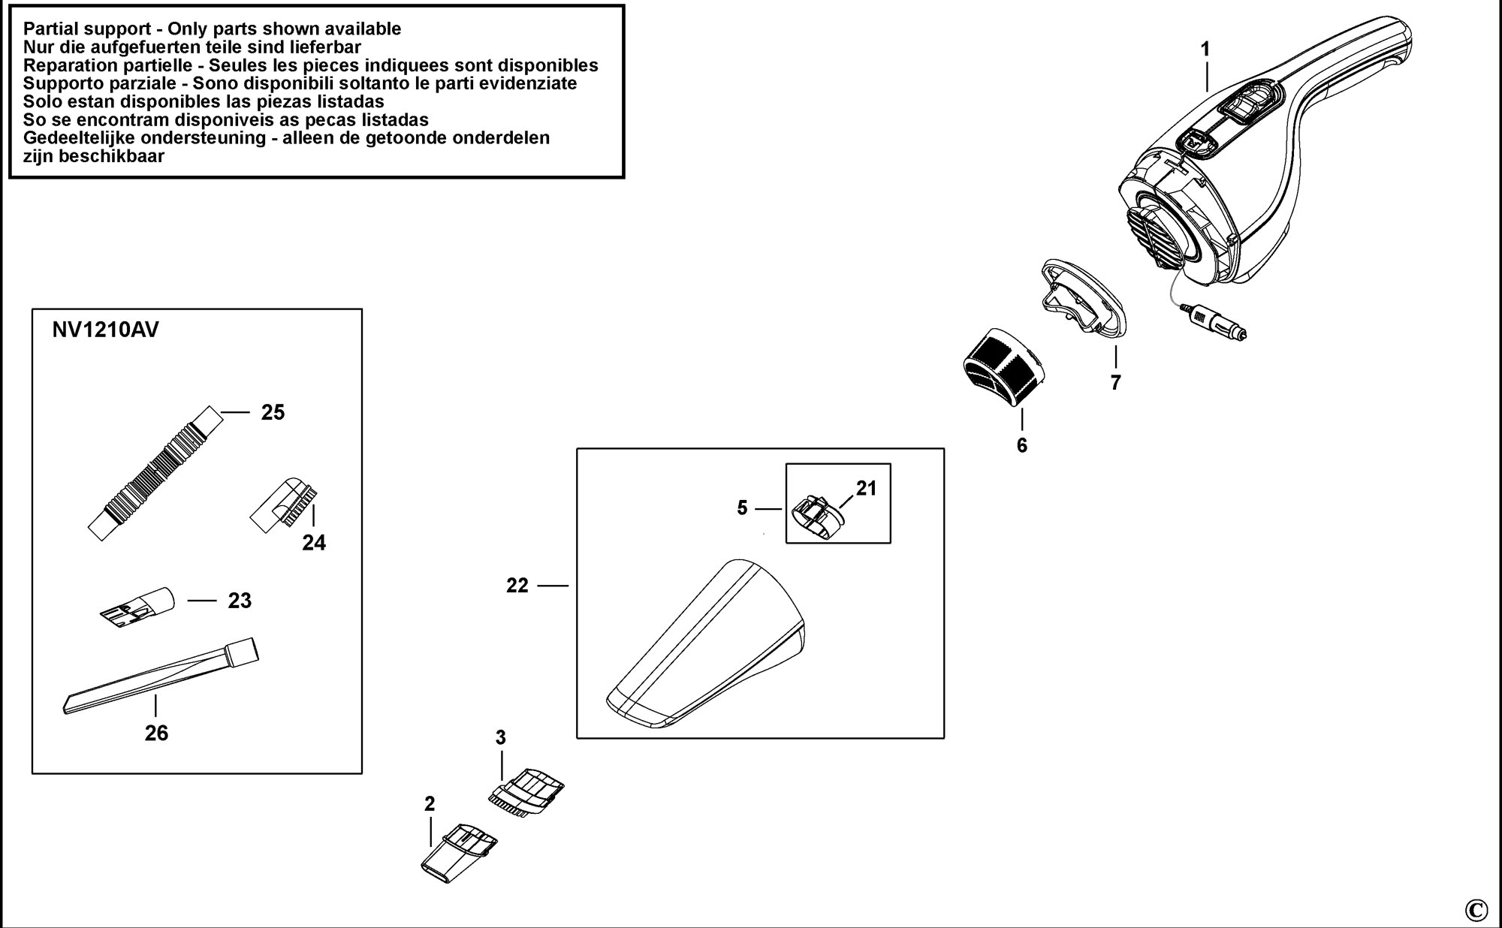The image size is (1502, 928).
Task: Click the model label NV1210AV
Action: click(x=106, y=330)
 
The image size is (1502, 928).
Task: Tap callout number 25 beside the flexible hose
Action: click(x=273, y=412)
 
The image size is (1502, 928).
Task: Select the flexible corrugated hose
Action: click(x=156, y=472)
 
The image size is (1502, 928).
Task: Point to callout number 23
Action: click(x=240, y=601)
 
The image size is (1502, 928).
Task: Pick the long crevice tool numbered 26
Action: click(x=161, y=675)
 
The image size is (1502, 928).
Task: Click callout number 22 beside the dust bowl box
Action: click(x=517, y=586)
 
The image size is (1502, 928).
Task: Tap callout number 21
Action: click(x=867, y=488)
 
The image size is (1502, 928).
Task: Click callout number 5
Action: click(x=742, y=508)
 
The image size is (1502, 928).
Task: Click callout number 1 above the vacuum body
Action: click(x=1205, y=50)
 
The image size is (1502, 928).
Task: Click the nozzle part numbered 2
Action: click(x=458, y=852)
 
